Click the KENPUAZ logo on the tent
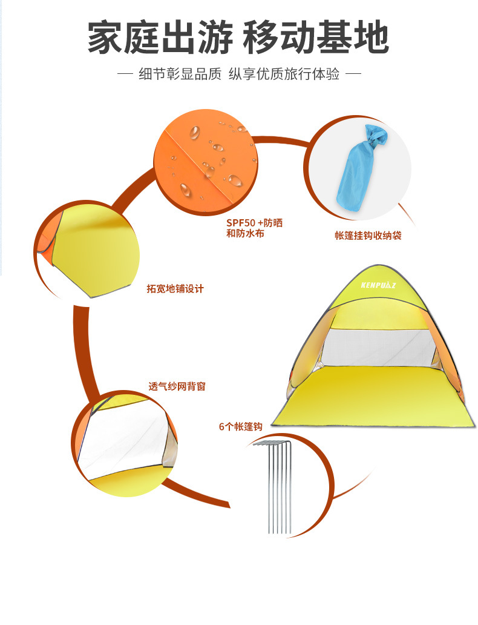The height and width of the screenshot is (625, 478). pos(378,285)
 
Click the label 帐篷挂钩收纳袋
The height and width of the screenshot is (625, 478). pos(368,236)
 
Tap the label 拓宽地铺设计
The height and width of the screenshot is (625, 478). pos(175,289)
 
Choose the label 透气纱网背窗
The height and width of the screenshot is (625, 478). pos(177,386)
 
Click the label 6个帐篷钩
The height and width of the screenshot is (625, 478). pos(240,426)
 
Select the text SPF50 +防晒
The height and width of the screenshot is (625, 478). pos(254,223)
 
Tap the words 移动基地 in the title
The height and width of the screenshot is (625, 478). pos(315,39)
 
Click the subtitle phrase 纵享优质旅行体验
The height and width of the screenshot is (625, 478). pos(284,75)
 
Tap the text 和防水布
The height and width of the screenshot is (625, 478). pos(246,233)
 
